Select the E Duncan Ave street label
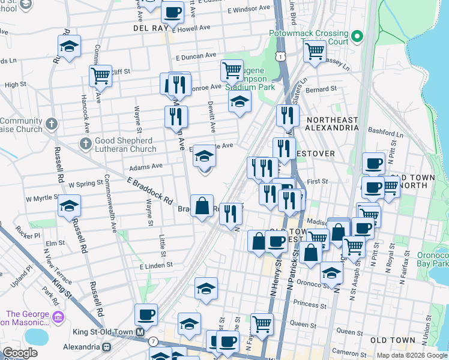(x=196, y=55)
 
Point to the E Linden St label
(x=156, y=265)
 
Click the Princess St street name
(x=310, y=304)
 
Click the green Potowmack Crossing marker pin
(x=357, y=37)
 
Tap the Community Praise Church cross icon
(x=52, y=124)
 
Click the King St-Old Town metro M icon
(x=140, y=332)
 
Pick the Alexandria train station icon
(x=107, y=347)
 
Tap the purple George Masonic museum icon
(x=58, y=317)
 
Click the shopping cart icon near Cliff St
(x=100, y=76)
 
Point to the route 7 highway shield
(x=154, y=341)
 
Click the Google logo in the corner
(x=20, y=353)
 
